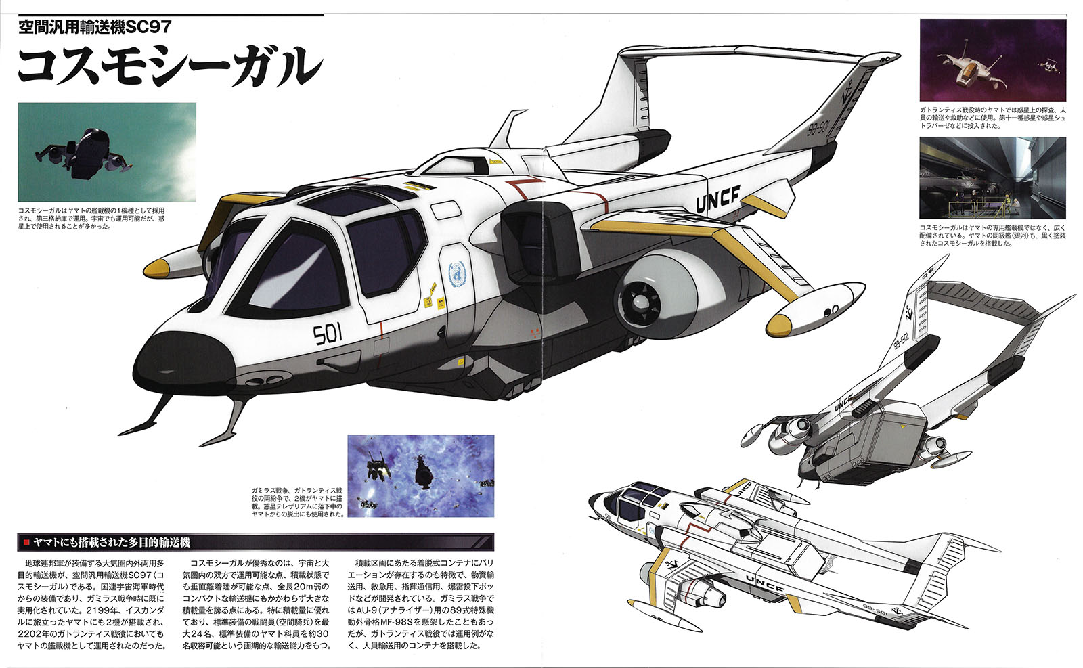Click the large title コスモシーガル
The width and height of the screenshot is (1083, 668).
pos(169,66)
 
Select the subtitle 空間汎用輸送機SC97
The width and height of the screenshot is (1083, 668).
pos(94,27)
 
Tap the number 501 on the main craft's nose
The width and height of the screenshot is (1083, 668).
pos(328,333)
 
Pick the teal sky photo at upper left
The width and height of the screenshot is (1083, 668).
pos(107,152)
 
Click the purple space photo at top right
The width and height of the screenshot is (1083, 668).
pos(992,60)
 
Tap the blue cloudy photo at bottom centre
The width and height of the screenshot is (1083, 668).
pos(420,476)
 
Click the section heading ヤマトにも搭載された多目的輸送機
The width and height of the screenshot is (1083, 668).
pos(112,542)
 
